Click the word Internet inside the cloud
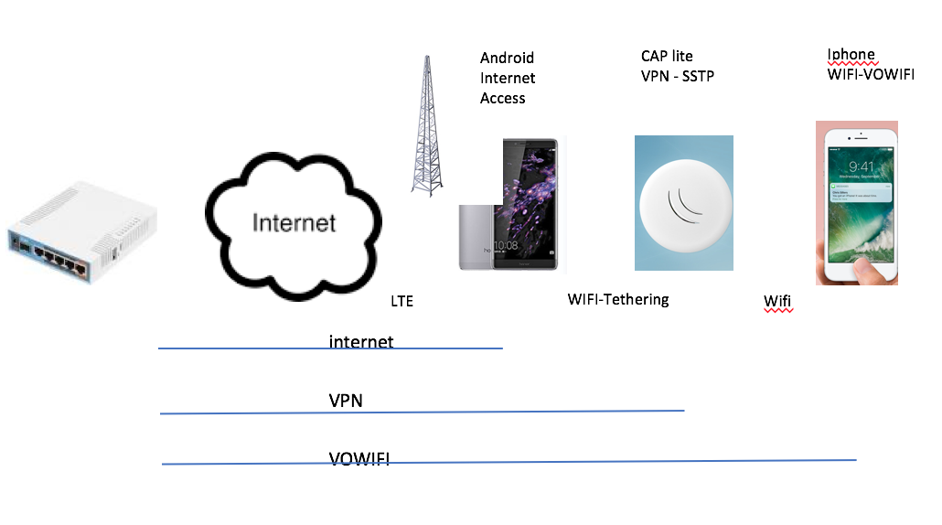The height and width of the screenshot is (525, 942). (294, 222)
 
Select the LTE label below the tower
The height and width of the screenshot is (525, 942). (401, 301)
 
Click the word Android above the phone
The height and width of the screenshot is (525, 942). (507, 59)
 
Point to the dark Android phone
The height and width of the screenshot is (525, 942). (525, 204)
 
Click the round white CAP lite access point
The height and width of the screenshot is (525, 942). (683, 203)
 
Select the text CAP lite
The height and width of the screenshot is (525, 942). (667, 57)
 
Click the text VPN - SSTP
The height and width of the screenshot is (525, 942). (677, 77)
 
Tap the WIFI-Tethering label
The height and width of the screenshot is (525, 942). (618, 299)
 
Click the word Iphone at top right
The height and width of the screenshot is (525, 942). (851, 55)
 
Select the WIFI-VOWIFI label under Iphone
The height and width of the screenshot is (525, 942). (870, 74)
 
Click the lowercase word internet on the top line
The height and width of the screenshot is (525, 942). (361, 342)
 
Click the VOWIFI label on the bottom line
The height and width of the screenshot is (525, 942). (359, 458)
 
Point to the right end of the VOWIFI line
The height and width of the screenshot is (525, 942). (854, 460)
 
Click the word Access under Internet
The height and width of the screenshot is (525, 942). (502, 98)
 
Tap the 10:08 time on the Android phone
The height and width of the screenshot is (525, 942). (506, 245)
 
